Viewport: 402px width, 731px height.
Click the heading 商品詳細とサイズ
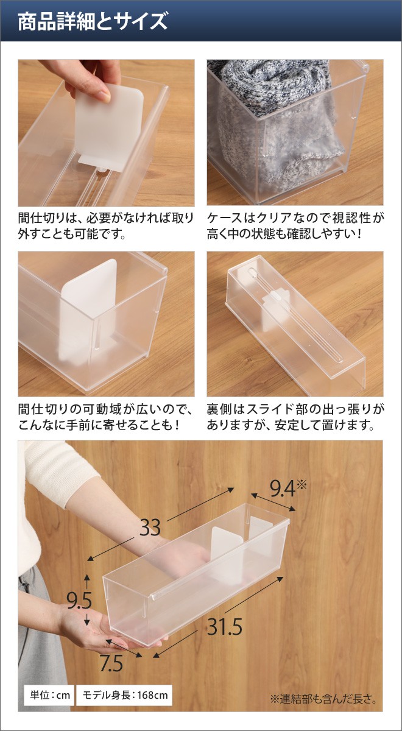[x=92, y=23]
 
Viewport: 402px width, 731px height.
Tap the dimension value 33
[x=150, y=528]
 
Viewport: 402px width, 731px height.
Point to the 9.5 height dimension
[x=79, y=601]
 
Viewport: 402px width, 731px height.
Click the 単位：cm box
[x=48, y=694]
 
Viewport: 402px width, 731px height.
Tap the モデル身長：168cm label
[x=124, y=694]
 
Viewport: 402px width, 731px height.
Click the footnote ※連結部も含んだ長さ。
[x=323, y=699]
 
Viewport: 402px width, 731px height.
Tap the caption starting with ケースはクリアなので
[x=296, y=225]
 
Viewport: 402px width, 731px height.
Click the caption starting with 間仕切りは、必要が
[x=106, y=225]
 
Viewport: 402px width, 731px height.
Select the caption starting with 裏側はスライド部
[x=296, y=416]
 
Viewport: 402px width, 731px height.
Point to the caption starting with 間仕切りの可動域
[x=106, y=416]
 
